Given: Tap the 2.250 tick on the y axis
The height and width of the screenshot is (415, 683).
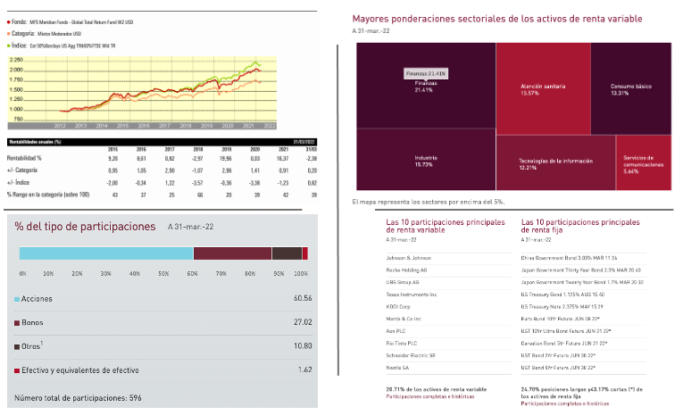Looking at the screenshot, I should tap(16, 59).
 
